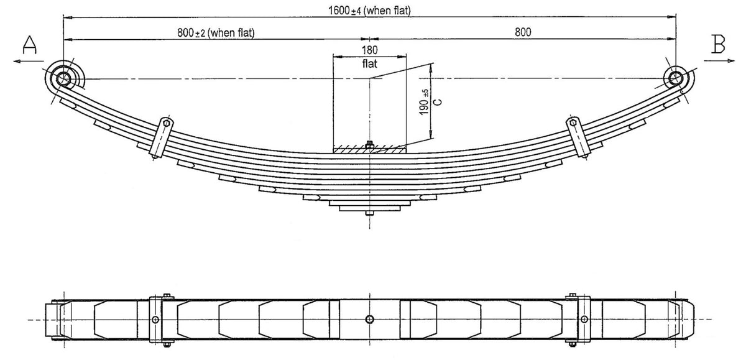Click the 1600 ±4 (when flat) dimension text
coord(369,11)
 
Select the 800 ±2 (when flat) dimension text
coord(216,32)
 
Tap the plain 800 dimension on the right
coord(523,32)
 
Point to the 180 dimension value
coord(370,50)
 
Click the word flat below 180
coord(370,63)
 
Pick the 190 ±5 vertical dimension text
coord(424,102)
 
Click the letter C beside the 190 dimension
coord(438,102)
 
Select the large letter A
coord(29,45)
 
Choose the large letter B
coord(718,44)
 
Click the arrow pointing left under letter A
coord(29,61)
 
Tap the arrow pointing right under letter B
coord(719,60)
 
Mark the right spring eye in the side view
coord(676,78)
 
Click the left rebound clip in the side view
coord(162,137)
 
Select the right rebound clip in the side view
coord(578,137)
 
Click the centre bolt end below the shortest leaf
coord(369,213)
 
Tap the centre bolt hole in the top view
coord(369,320)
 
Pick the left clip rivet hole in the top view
coord(155,320)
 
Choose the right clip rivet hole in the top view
coord(584,319)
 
